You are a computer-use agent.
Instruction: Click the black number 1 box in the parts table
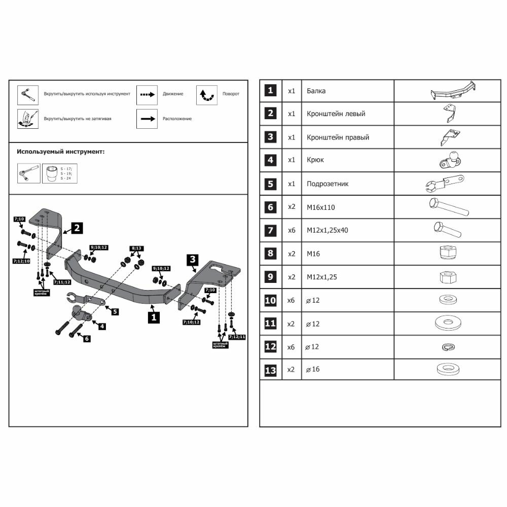pyautogui.click(x=271, y=91)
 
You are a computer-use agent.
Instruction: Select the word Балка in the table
pyautogui.click(x=316, y=91)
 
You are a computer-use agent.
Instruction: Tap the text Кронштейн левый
pyautogui.click(x=336, y=114)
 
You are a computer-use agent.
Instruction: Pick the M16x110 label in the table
pyautogui.click(x=320, y=207)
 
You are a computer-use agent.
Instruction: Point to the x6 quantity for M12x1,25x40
pyautogui.click(x=291, y=230)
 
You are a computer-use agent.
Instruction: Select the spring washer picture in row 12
pyautogui.click(x=447, y=347)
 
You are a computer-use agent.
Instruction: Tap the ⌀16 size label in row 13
pyautogui.click(x=312, y=370)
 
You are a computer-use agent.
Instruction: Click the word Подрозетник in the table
pyautogui.click(x=328, y=184)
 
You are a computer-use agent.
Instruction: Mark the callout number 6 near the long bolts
pyautogui.click(x=87, y=338)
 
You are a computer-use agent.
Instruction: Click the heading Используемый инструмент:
pyautogui.click(x=61, y=151)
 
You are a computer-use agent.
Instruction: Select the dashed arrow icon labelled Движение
pyautogui.click(x=147, y=94)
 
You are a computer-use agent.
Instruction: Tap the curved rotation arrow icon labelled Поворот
pyautogui.click(x=207, y=95)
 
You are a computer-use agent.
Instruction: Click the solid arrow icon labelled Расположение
pyautogui.click(x=147, y=119)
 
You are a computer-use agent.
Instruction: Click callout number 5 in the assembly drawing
pyautogui.click(x=115, y=312)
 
